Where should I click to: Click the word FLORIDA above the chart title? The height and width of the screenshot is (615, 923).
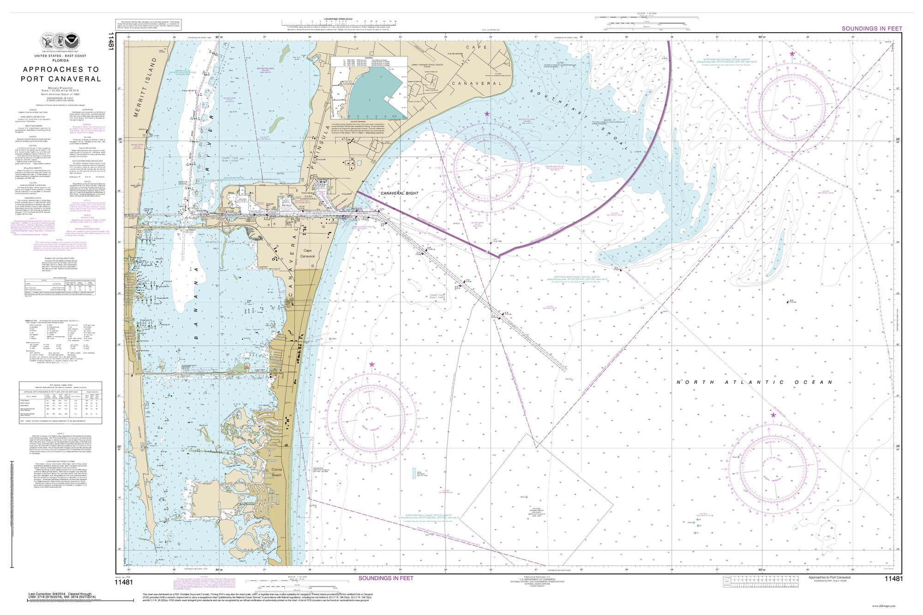60,60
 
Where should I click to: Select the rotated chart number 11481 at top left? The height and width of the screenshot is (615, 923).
111,42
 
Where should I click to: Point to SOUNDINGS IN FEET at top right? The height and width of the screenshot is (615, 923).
871,29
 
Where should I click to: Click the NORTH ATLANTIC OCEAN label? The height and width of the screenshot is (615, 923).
755,382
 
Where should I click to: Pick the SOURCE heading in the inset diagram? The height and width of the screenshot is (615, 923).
369,58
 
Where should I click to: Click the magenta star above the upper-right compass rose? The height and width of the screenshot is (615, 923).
792,54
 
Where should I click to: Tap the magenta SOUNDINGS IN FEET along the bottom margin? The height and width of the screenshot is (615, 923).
386,578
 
